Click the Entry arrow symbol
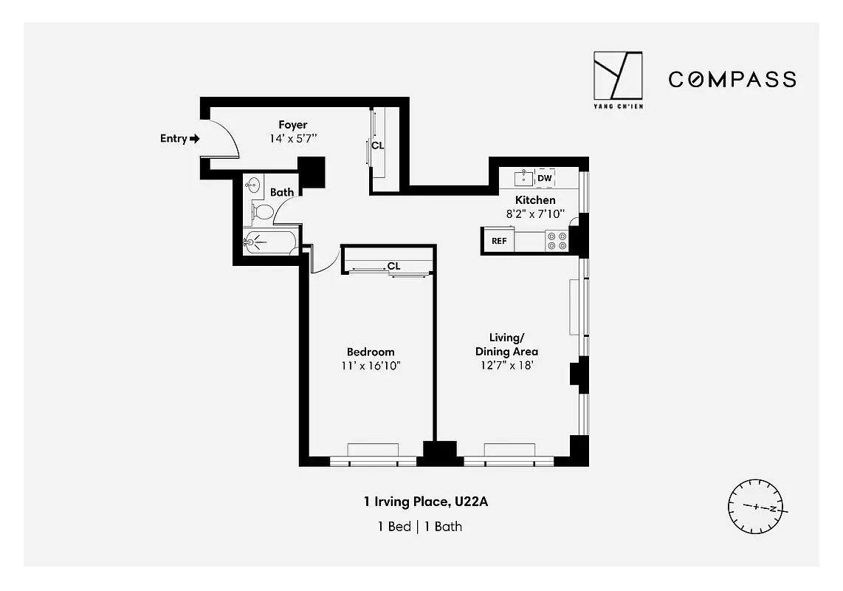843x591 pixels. point(195,138)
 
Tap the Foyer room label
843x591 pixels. point(292,125)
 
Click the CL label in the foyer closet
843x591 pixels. point(378,146)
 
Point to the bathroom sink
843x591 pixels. point(254,185)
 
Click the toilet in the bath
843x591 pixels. point(262,213)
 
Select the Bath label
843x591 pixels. point(282,192)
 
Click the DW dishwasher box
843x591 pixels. point(545,178)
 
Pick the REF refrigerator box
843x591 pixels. point(499,241)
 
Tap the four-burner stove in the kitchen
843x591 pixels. point(557,241)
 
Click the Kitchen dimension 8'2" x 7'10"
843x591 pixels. point(535,213)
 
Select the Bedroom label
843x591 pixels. point(371,352)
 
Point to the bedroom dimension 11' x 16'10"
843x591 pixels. point(371,366)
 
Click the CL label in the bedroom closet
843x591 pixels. point(393,266)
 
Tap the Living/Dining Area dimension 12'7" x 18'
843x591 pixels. point(506,365)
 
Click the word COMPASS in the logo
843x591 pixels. point(732,79)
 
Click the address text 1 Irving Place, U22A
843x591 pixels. point(426,503)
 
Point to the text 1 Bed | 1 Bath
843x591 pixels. point(420,527)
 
